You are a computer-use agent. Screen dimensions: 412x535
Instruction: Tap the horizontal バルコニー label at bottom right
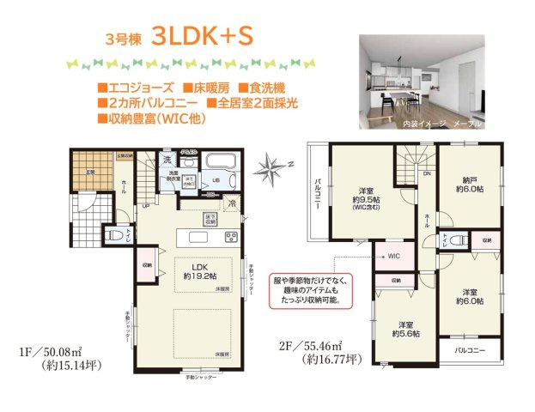point(471,351)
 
